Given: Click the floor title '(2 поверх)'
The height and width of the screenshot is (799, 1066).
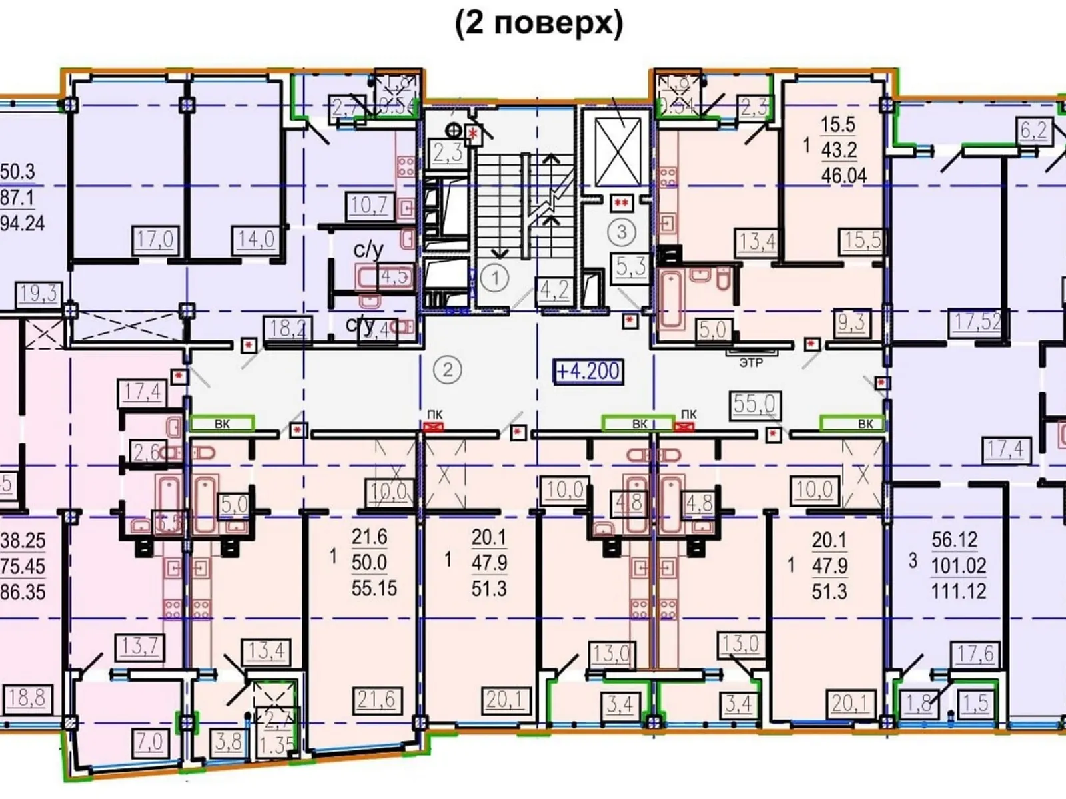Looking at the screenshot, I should click(x=538, y=24).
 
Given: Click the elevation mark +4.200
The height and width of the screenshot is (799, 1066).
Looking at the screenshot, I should click(x=588, y=371).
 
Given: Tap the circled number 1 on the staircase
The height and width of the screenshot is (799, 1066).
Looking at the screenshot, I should click(x=494, y=278).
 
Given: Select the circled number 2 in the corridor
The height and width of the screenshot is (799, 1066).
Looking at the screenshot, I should click(x=448, y=369).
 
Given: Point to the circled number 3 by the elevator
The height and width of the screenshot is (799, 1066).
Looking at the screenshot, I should click(x=622, y=232).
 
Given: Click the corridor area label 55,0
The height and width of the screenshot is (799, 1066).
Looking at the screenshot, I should click(x=754, y=403).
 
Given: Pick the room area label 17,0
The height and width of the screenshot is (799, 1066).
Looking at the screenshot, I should click(x=155, y=239).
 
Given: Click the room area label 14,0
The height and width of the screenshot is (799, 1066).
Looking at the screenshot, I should click(x=256, y=239).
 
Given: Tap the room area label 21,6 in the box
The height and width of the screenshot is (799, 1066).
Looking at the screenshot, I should click(x=376, y=699).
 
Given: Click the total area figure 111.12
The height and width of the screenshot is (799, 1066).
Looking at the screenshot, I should click(x=958, y=591).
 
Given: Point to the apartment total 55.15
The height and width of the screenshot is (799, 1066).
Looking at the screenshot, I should click(x=374, y=589).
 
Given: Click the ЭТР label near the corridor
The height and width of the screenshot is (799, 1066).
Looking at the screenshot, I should click(x=751, y=363).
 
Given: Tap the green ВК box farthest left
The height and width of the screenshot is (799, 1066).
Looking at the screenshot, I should click(x=222, y=423).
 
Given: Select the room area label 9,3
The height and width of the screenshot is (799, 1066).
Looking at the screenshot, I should click(x=851, y=323).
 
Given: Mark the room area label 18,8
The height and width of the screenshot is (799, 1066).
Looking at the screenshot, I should click(x=27, y=698).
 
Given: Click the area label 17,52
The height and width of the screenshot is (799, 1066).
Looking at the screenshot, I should click(x=977, y=322).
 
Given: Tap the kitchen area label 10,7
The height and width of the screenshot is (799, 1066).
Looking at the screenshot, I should click(x=369, y=205).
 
